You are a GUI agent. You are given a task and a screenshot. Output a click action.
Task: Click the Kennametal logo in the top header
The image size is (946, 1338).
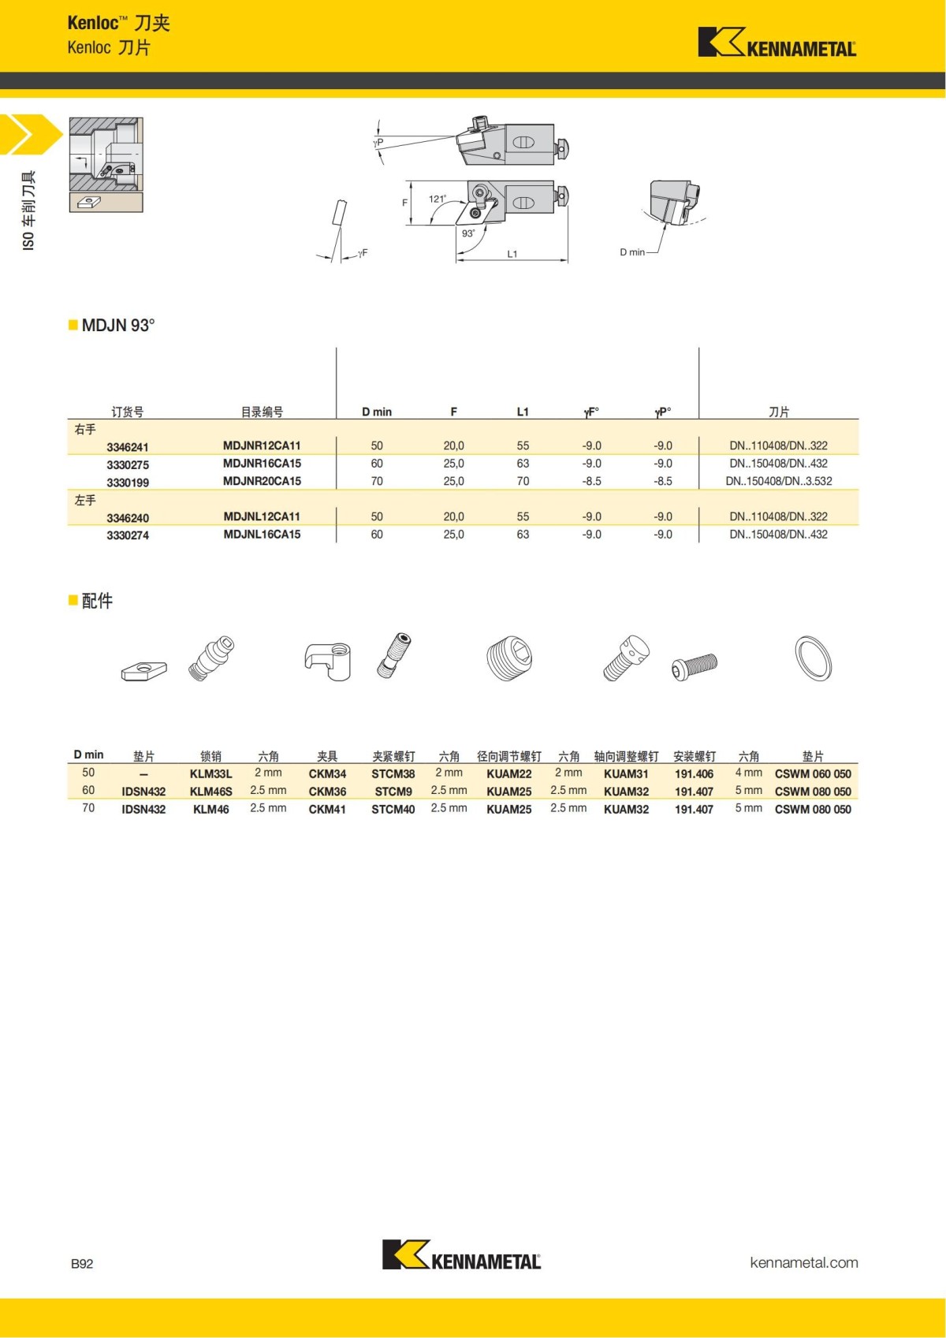coord(777,43)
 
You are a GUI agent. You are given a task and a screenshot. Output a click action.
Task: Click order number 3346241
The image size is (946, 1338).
coord(128,447)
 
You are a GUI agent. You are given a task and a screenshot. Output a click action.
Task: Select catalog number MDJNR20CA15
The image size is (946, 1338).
coord(262,481)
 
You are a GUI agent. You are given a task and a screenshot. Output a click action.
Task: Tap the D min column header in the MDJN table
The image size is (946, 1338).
coord(377,412)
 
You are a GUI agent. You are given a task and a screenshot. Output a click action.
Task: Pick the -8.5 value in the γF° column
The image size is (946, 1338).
coord(591,481)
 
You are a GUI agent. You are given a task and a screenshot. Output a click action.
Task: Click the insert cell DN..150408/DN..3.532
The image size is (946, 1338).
coord(778,481)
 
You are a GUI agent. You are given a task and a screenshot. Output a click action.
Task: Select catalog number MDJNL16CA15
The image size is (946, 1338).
coord(262,535)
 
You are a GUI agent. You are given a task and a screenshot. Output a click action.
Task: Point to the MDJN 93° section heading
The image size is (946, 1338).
coord(117,326)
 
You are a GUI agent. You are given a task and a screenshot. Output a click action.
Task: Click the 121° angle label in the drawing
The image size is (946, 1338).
coord(437,199)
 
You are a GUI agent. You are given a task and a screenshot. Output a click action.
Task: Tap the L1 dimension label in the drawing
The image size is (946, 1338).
coord(512,254)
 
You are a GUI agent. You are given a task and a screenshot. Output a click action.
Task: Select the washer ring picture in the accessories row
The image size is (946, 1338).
coord(813,658)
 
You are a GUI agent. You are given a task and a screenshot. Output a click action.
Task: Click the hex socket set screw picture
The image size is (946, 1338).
coord(509,659)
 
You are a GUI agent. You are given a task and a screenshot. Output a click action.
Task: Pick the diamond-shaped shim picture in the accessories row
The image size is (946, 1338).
coord(144,671)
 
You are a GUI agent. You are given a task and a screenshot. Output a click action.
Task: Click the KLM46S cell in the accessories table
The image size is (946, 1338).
coord(210,792)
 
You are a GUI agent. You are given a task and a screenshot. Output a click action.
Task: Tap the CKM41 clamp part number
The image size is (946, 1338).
coord(327,809)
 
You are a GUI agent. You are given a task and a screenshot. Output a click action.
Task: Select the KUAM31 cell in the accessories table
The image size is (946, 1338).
coord(626,774)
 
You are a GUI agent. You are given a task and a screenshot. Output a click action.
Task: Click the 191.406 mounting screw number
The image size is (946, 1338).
coord(694,774)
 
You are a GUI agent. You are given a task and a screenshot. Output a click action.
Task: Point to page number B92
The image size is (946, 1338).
coord(82,1263)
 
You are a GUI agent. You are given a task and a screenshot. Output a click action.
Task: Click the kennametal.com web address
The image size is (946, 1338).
coord(803,1262)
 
